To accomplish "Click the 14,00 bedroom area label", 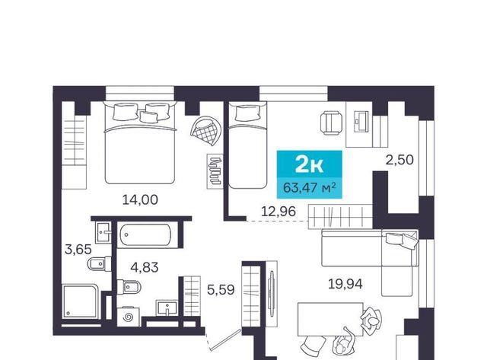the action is (x=140, y=199).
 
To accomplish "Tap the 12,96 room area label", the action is (x=279, y=212).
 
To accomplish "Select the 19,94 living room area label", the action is (x=345, y=284).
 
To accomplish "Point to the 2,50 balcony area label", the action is (x=399, y=161).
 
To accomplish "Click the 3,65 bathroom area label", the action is (x=78, y=249).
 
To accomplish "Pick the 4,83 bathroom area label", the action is (x=145, y=267).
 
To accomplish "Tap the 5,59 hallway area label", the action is (x=221, y=290).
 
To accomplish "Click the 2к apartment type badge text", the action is (x=309, y=164).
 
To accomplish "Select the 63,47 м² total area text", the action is (x=310, y=187).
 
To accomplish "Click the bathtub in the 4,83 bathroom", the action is (x=145, y=235).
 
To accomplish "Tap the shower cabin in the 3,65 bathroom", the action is (x=81, y=301).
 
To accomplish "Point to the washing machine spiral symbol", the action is (x=128, y=317).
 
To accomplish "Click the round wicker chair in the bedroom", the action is (x=206, y=130).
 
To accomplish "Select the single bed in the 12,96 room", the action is (x=247, y=145).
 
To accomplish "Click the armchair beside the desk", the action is (x=332, y=123).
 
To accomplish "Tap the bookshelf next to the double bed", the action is (x=215, y=171).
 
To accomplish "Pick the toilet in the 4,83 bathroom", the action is (x=129, y=286).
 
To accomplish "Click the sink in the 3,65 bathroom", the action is (x=103, y=232).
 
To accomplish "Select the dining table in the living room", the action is (x=330, y=320).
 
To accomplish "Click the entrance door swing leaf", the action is (x=225, y=340).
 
